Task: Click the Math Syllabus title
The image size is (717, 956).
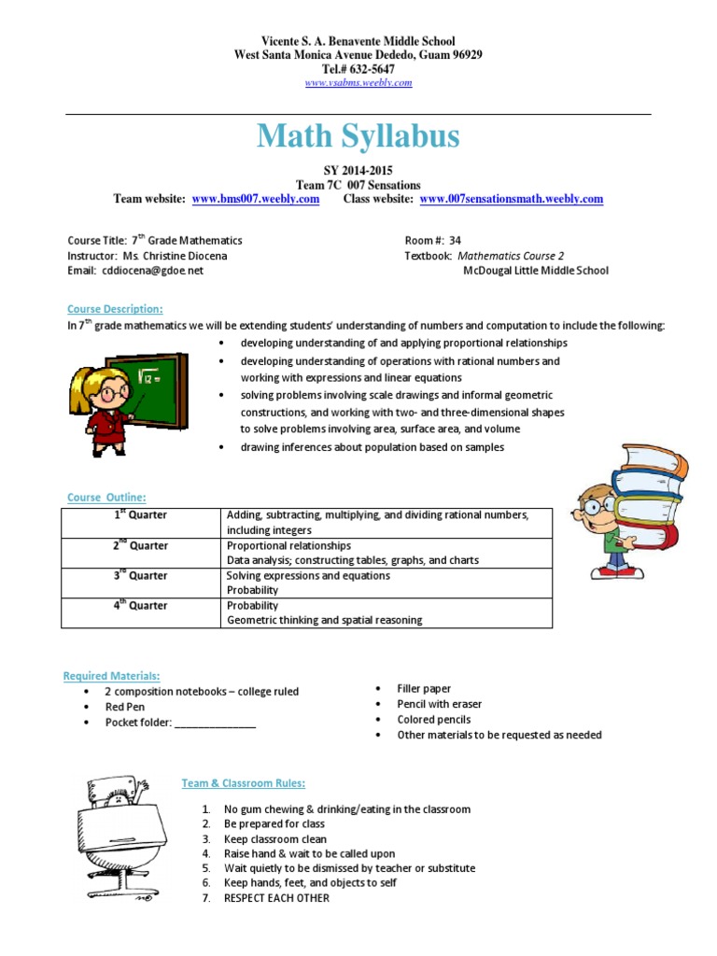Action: (358, 137)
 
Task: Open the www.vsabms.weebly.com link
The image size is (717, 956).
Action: (358, 83)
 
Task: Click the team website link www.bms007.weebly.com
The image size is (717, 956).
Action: (256, 199)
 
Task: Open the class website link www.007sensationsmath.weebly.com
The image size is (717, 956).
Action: (511, 199)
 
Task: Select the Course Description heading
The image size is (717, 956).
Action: (115, 309)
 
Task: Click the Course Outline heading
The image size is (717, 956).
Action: (106, 498)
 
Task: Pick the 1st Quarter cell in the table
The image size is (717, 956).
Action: (141, 515)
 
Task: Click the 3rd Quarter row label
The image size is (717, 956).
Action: (141, 576)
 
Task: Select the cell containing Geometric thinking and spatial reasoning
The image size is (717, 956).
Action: (325, 620)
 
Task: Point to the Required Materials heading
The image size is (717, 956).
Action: (111, 675)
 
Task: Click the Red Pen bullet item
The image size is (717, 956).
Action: (125, 708)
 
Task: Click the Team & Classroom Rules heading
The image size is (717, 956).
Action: (243, 783)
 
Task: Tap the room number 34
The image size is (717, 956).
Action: (455, 240)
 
